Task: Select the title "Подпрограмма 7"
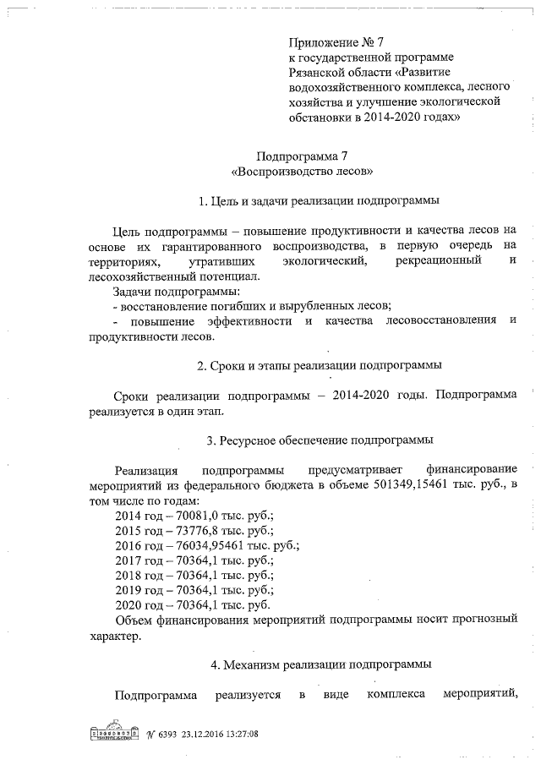click(302, 156)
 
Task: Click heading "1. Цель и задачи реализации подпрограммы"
click(318, 202)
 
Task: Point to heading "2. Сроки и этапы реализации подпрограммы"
click(320, 366)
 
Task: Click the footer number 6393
click(161, 733)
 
